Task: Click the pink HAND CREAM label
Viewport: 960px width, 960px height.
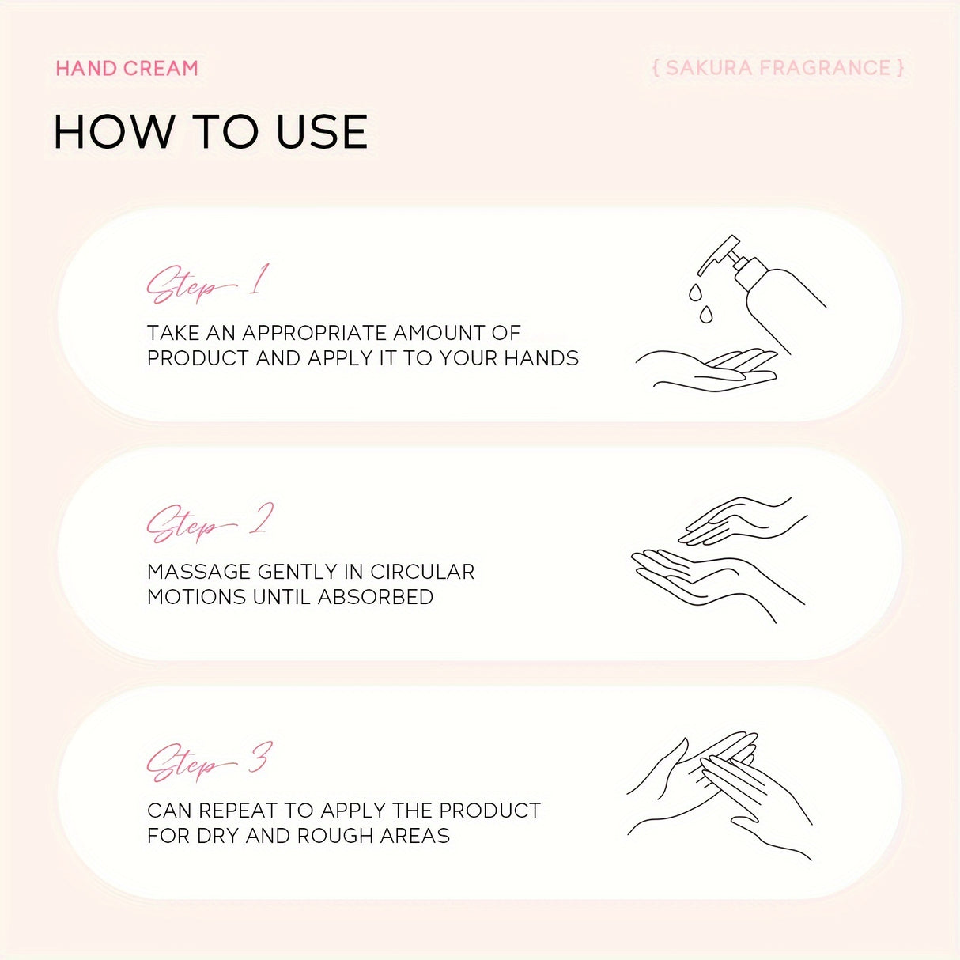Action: pyautogui.click(x=127, y=68)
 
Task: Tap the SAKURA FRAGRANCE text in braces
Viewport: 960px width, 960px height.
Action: pyautogui.click(x=777, y=68)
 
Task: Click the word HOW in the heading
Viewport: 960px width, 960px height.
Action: pyautogui.click(x=113, y=131)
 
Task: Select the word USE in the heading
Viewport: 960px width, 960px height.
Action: pyautogui.click(x=322, y=131)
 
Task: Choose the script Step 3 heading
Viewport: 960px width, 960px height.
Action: pyautogui.click(x=210, y=762)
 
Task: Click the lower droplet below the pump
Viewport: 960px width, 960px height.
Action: pyautogui.click(x=706, y=315)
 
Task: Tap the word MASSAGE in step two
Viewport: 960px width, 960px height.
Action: pyautogui.click(x=198, y=572)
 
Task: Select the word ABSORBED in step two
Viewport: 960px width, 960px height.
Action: pyautogui.click(x=376, y=597)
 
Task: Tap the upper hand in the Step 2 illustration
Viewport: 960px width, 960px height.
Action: pyautogui.click(x=743, y=520)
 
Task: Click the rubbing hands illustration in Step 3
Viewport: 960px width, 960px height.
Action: pyautogui.click(x=720, y=796)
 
